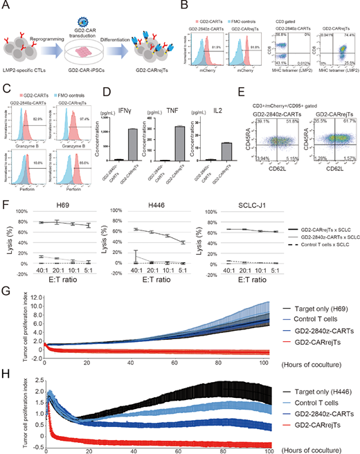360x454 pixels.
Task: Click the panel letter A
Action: point(6,6)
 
